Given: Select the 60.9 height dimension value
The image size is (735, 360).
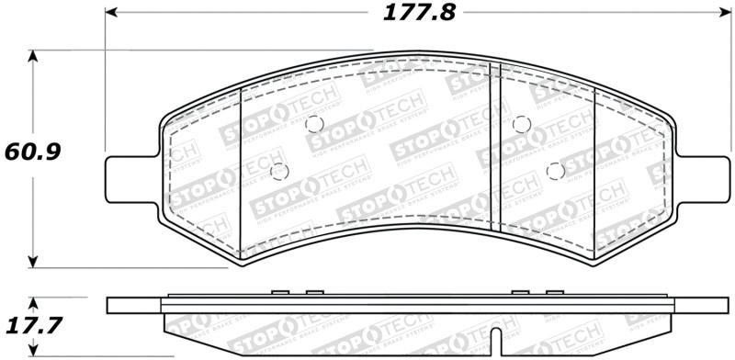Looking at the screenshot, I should point(33,150).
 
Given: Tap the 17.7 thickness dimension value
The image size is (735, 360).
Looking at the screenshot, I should point(33,325).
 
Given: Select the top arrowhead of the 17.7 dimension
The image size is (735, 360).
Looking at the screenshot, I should point(34,301).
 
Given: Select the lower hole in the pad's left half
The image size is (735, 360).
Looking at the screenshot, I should point(280,170).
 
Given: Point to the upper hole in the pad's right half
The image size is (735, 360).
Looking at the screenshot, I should point(521,124).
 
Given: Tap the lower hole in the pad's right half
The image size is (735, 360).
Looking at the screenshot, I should point(554,170).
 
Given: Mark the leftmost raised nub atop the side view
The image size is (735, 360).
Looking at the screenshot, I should point(281,293).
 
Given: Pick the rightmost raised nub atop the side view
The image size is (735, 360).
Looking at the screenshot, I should point(553,293).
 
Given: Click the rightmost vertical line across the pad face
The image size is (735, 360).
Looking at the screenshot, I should point(595,171).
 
